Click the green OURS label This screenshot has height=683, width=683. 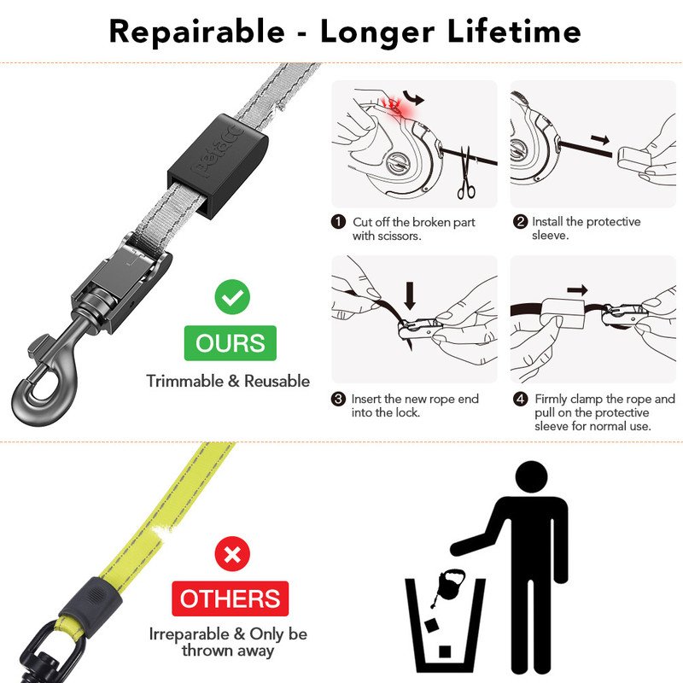pyautogui.click(x=231, y=343)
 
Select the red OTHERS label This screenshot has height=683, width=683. pyautogui.click(x=231, y=598)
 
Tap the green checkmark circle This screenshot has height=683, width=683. pyautogui.click(x=231, y=298)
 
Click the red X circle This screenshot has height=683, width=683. pyautogui.click(x=231, y=555)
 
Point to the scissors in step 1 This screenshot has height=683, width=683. pyautogui.click(x=466, y=174)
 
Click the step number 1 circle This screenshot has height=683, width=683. pyautogui.click(x=339, y=222)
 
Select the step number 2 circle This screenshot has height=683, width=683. pyautogui.click(x=520, y=222)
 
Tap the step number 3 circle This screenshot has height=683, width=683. pyautogui.click(x=339, y=400)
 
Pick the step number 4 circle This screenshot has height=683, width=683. pyautogui.click(x=520, y=400)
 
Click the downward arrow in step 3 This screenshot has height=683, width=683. pyautogui.click(x=411, y=294)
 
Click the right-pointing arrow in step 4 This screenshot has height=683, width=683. pyautogui.click(x=578, y=289)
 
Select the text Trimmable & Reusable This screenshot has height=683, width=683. pyautogui.click(x=228, y=381)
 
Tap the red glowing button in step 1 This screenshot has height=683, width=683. pyautogui.click(x=394, y=106)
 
